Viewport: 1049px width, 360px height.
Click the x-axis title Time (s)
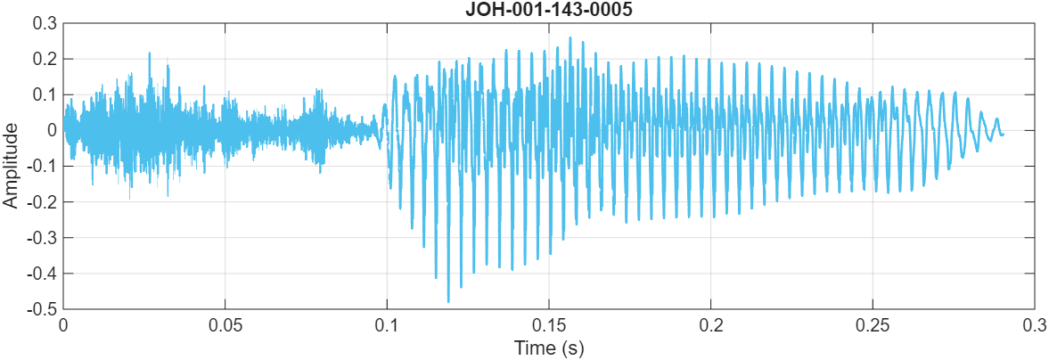click(x=548, y=348)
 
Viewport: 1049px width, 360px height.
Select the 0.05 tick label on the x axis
click(x=225, y=324)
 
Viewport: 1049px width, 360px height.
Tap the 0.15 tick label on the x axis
click(x=548, y=324)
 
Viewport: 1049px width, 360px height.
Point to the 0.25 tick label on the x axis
click(x=873, y=324)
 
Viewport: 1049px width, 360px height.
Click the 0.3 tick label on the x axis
click(x=1034, y=324)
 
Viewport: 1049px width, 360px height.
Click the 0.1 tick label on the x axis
click(x=387, y=324)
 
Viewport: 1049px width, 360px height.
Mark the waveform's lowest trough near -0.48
click(x=448, y=302)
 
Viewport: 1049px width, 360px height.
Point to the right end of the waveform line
click(x=1003, y=135)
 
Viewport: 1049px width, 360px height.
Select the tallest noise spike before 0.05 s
click(x=149, y=53)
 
